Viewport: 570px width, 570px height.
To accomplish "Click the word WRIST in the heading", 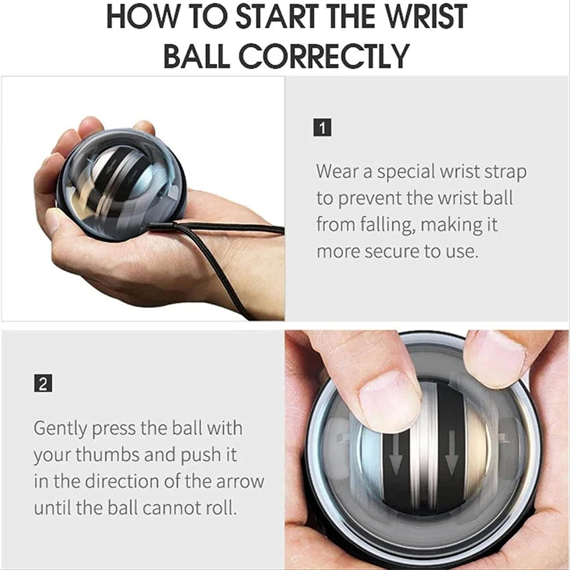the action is pos(425,16).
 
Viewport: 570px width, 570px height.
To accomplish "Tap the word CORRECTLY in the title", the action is pos(323,56).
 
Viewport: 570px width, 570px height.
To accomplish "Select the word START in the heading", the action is pos(278,16).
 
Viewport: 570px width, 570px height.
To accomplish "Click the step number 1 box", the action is pos(322,128).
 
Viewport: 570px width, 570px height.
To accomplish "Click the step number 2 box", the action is pos(43,383).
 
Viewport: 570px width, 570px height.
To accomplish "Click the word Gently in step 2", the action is pos(61,429).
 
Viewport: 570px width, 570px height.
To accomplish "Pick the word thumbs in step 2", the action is pos(108,455).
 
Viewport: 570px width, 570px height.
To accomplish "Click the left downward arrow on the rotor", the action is pos(395,455).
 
